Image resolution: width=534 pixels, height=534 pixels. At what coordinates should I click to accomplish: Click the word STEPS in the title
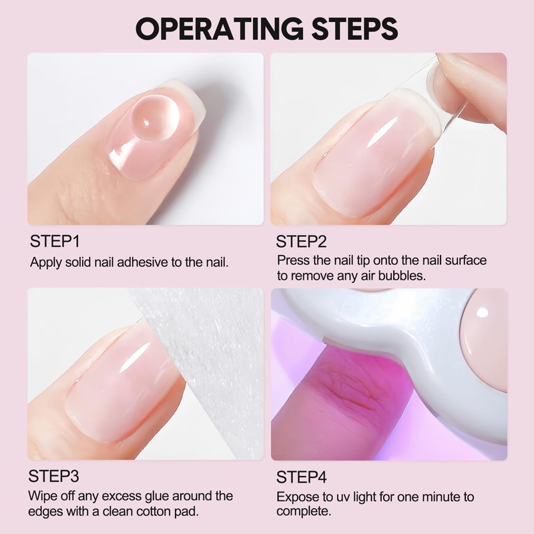354,29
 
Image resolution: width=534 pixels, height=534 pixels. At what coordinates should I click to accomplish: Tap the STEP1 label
55,242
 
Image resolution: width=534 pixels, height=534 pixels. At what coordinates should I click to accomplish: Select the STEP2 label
301,242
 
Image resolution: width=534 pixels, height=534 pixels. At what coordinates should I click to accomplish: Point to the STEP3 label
54,476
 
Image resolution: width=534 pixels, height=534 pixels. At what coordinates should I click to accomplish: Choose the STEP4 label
302,477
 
